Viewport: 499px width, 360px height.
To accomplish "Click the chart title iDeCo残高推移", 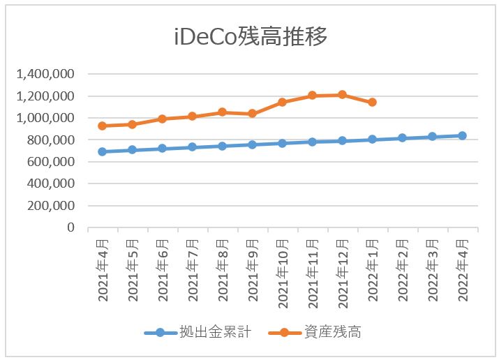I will click(250, 37).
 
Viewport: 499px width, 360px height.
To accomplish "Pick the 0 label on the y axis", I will click(70, 227).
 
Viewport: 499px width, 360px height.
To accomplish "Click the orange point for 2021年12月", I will click(342, 94).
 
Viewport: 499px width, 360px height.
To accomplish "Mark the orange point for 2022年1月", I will click(372, 102).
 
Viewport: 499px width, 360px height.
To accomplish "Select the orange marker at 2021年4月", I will click(102, 126).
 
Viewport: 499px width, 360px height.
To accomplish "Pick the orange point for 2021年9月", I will click(252, 113).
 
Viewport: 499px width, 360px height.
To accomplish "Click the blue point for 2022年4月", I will click(462, 135).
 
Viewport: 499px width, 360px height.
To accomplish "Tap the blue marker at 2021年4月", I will click(102, 151).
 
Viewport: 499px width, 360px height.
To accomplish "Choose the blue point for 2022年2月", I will click(402, 138).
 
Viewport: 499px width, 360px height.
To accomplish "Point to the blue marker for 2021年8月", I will click(222, 146).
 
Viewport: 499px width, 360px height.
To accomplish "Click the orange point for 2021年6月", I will click(162, 119).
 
